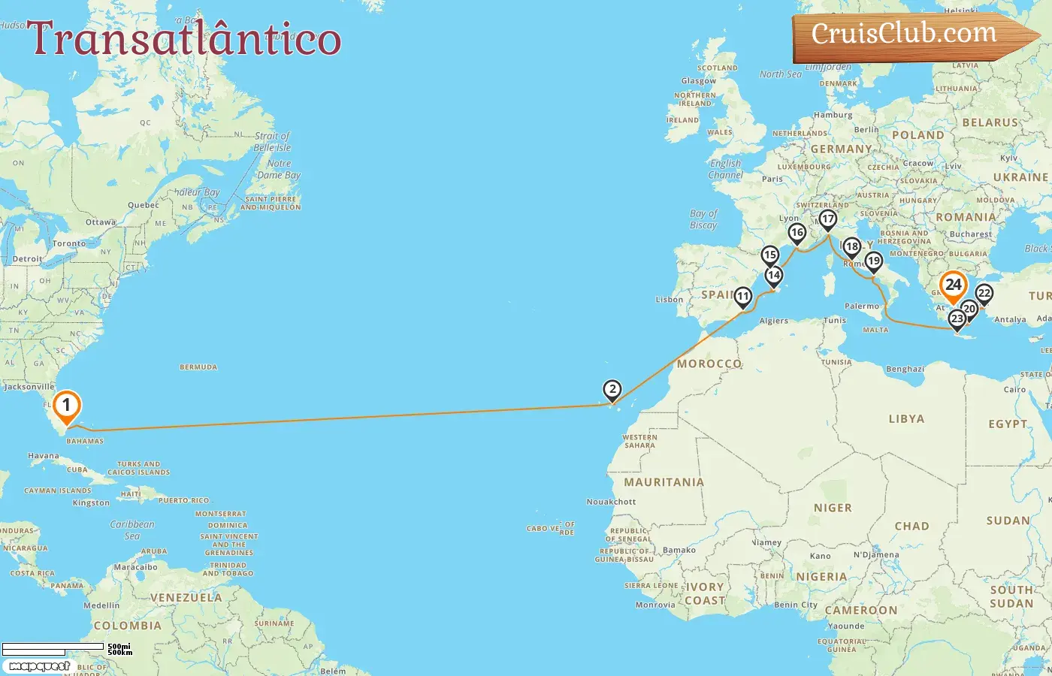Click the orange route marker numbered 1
click(66, 406)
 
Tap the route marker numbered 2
click(612, 389)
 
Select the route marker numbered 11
click(743, 297)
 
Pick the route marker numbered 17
click(827, 219)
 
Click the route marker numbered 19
click(873, 261)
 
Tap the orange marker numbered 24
click(953, 285)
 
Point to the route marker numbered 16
click(797, 233)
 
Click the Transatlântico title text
click(184, 39)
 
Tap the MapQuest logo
click(39, 666)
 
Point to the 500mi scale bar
click(53, 646)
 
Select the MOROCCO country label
click(709, 364)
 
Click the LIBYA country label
click(906, 419)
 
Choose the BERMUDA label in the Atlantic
click(198, 367)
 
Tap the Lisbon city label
click(670, 299)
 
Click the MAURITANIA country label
click(664, 482)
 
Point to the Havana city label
click(43, 456)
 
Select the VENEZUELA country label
click(186, 598)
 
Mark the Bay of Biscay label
click(703, 219)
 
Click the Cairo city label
click(1014, 389)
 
